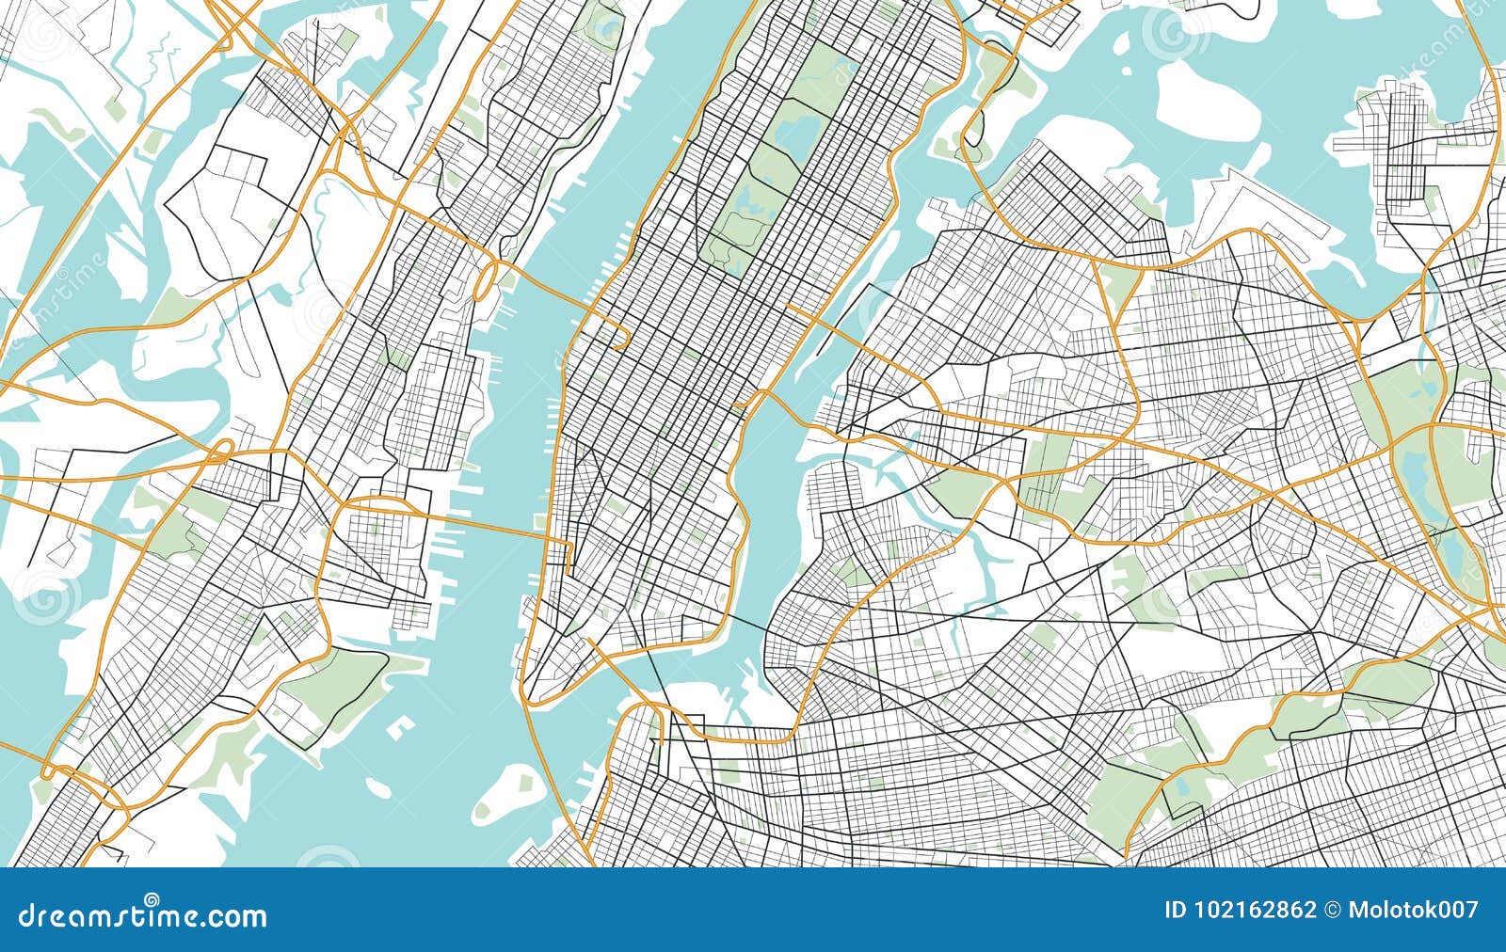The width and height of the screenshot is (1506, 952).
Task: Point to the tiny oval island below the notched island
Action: click(x=378, y=787)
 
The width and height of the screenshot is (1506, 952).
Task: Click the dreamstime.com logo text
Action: click(x=141, y=914)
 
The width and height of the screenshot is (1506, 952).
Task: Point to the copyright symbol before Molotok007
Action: click(x=1333, y=911)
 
